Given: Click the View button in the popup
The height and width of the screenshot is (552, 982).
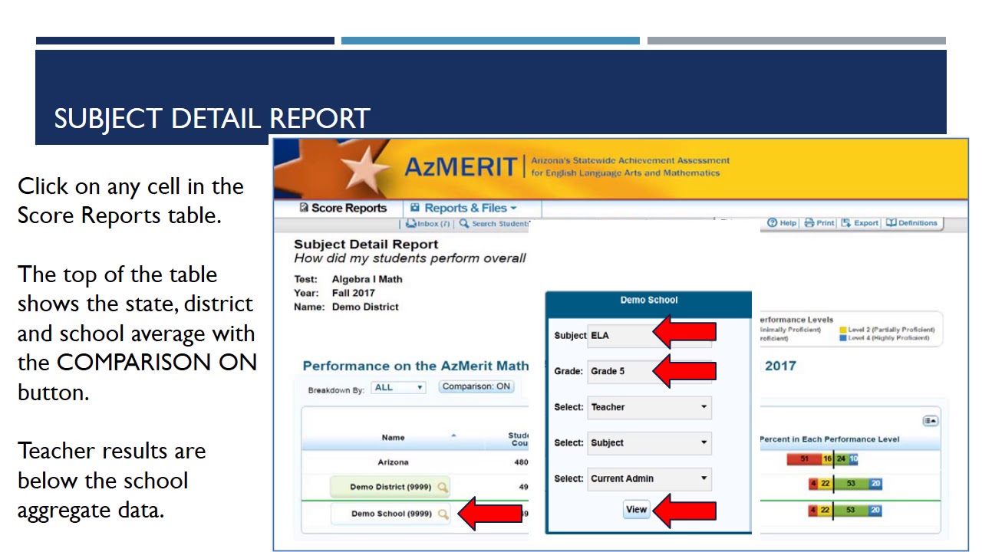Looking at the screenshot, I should pos(636,509).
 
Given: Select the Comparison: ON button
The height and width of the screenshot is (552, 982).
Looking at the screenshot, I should pos(476,386).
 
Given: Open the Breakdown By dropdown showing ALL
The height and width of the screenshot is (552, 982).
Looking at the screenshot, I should pos(398,387).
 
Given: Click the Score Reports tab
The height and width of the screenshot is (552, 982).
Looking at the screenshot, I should pos(343,208).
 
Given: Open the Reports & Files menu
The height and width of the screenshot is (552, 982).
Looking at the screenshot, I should pos(463,208).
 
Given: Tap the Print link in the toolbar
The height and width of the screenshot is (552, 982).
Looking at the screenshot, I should pos(819,223).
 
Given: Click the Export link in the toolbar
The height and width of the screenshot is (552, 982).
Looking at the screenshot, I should pos(860,223).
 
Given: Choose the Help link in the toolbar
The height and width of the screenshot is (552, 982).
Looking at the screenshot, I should pos(782,223).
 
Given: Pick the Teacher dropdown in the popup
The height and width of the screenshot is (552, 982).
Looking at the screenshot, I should pos(649,407).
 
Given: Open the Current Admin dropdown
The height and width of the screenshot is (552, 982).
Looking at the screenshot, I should pos(649,478).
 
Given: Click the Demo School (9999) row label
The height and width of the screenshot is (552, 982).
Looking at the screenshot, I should pos(391,514).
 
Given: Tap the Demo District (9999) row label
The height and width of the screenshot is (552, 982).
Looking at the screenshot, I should pos(390,487).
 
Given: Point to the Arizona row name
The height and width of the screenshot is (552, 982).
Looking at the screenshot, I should pos(393,462).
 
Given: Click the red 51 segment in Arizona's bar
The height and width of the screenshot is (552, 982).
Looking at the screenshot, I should pos(804,459).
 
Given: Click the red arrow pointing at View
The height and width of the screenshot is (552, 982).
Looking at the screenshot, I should pos(685,510).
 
